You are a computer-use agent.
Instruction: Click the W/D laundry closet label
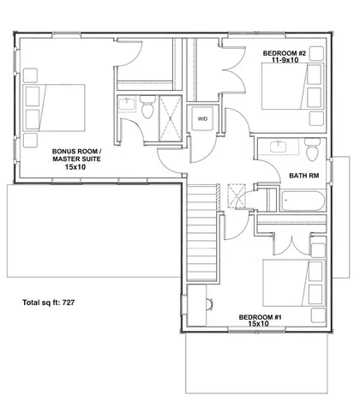203,118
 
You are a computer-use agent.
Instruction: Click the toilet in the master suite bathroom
146,111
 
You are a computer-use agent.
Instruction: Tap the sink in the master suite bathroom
127,105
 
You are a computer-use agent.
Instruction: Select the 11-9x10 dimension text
284,62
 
